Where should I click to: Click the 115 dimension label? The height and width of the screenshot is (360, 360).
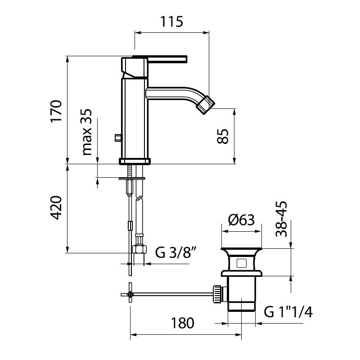click(171, 22)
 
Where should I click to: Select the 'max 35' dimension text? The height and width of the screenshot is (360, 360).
click(87, 132)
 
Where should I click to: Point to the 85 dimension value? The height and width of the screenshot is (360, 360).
click(223, 136)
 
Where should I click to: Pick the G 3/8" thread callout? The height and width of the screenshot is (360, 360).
click(176, 252)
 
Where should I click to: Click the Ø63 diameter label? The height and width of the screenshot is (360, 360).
click(242, 220)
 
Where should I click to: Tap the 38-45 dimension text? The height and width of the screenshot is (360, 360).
click(282, 219)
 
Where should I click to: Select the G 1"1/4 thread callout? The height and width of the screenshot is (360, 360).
click(288, 312)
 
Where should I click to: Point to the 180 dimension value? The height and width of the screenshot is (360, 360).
click(183, 323)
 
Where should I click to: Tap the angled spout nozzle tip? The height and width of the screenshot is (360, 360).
click(206, 105)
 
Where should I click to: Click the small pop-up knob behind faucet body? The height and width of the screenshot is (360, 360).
click(118, 138)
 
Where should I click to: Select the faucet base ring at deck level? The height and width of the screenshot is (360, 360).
click(135, 161)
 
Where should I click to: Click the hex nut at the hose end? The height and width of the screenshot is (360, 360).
click(139, 249)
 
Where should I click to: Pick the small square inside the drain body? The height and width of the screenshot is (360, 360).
click(242, 263)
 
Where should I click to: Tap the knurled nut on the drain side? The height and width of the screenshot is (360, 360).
click(217, 294)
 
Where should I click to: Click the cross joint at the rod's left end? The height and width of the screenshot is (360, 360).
click(130, 294)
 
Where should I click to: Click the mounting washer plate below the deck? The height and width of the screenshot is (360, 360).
click(132, 178)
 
